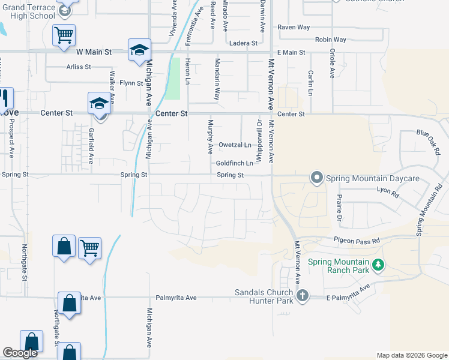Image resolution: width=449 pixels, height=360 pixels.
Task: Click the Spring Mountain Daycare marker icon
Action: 316,178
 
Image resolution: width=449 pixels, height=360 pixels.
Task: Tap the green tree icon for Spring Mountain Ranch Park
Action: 378,264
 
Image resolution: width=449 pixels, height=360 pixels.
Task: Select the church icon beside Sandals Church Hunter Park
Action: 303,295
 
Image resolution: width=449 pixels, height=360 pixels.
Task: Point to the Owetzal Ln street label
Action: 235,145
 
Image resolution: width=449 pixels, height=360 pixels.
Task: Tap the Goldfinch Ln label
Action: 234,163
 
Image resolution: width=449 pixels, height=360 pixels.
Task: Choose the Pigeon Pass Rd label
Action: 358,240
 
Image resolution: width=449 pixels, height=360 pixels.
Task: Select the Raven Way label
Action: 293,28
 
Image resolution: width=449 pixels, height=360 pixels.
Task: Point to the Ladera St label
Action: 243,43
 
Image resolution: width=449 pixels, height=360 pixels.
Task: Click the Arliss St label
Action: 79,67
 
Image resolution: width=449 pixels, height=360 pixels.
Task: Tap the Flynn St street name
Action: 131,83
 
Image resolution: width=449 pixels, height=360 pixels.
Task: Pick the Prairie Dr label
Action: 339,207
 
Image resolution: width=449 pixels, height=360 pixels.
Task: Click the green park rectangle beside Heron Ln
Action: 172,78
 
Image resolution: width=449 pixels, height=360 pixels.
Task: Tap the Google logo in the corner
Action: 20,353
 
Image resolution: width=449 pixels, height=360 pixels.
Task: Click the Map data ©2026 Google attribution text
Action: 411,355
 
